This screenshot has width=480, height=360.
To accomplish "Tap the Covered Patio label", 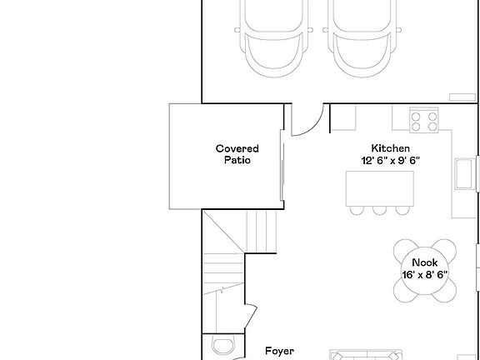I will (x=237, y=154).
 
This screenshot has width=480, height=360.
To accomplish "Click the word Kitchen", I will (x=389, y=148).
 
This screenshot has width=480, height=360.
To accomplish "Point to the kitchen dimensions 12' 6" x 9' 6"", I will (x=389, y=160).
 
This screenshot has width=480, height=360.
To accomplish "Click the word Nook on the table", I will (x=424, y=262).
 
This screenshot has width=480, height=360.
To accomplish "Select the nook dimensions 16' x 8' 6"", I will (x=424, y=274).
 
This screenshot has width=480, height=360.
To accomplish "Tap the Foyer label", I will (x=279, y=352).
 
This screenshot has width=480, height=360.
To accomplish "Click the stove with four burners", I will (x=423, y=122).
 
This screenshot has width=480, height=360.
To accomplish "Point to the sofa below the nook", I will (x=367, y=354).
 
